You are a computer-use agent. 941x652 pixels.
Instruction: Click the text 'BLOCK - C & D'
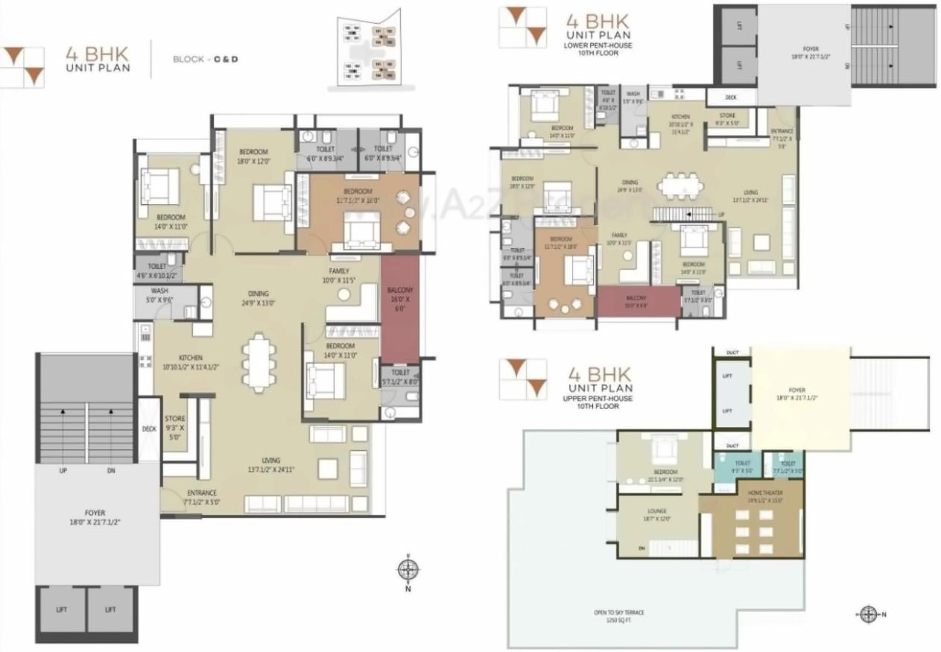coord(205,58)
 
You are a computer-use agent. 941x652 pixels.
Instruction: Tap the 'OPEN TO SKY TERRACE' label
coord(618,613)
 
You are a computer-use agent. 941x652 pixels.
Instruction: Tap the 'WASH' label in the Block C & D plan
coord(159,291)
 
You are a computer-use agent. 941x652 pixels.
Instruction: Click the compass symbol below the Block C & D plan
coord(406,570)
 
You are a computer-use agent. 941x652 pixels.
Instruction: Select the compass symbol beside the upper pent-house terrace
coord(868,615)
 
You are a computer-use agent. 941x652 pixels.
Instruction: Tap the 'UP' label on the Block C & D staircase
coord(63,471)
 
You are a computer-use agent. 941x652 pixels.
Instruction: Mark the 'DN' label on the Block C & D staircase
coord(111,471)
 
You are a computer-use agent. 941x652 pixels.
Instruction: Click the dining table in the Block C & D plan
coord(258,362)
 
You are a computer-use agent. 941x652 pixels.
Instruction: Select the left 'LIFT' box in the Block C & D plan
coord(61,610)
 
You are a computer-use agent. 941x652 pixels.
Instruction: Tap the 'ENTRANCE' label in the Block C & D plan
coord(201,493)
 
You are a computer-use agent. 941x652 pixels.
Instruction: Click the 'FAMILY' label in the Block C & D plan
coord(340,270)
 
